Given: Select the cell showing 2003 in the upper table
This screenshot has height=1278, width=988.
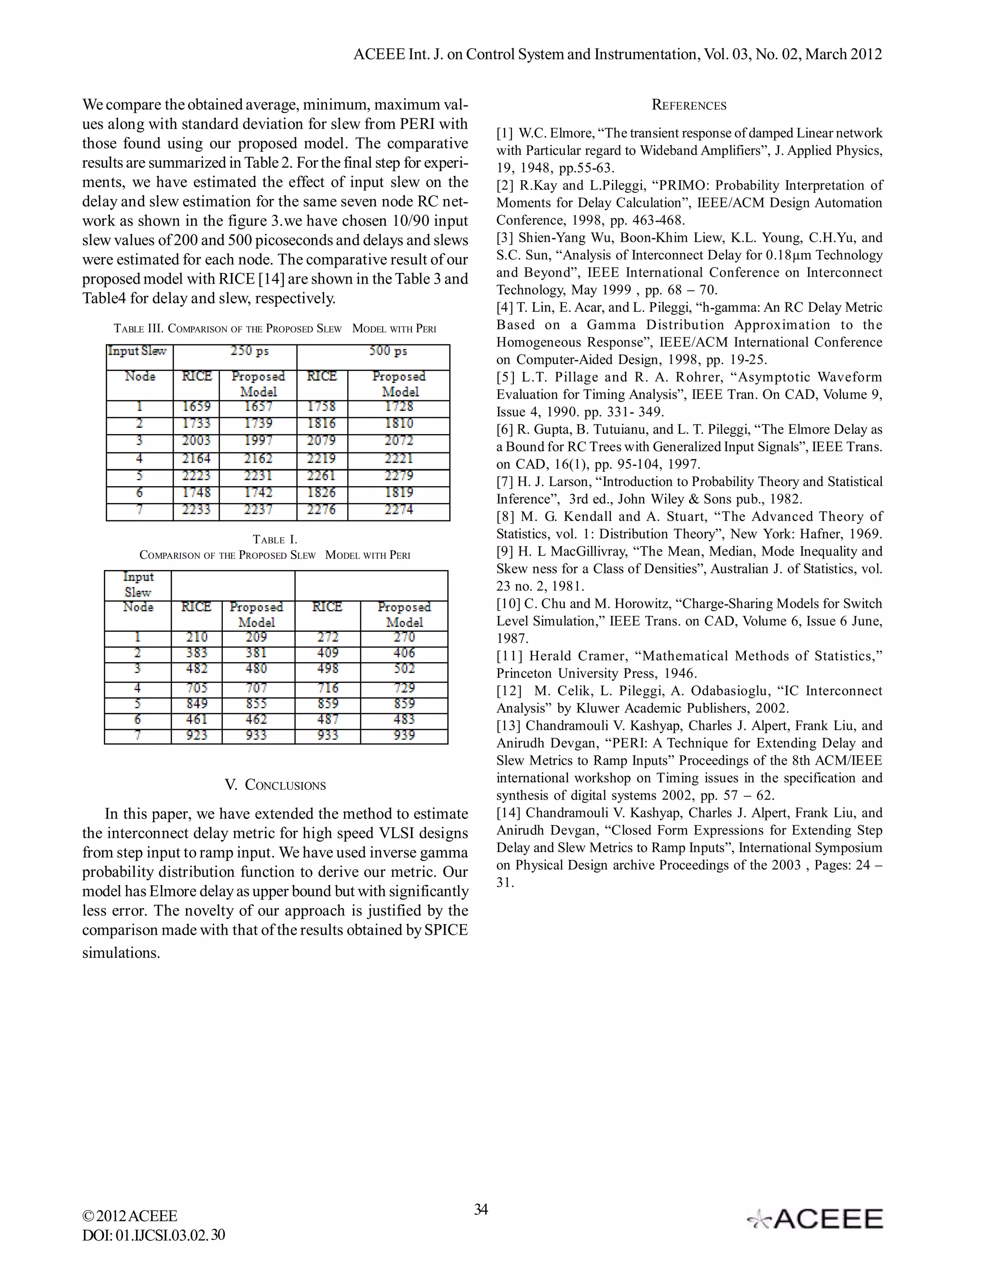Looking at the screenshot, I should pos(196,441).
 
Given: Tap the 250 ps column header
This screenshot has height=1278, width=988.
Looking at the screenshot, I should pos(250,351).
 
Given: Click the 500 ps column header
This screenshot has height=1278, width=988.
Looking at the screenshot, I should pos(387,351).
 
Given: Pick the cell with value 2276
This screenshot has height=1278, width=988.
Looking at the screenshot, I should pos(321,510).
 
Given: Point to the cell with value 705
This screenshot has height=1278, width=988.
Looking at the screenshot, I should pos(197,688).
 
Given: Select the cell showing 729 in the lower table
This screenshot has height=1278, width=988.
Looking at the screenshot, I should pos(404,688).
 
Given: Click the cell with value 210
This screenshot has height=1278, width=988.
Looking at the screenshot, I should pos(197,637).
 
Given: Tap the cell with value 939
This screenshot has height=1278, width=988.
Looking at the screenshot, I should pos(404,735).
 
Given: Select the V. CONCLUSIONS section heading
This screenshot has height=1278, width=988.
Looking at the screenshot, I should pos(275,785).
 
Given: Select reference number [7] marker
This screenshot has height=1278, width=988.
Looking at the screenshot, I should pos(505,482).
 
